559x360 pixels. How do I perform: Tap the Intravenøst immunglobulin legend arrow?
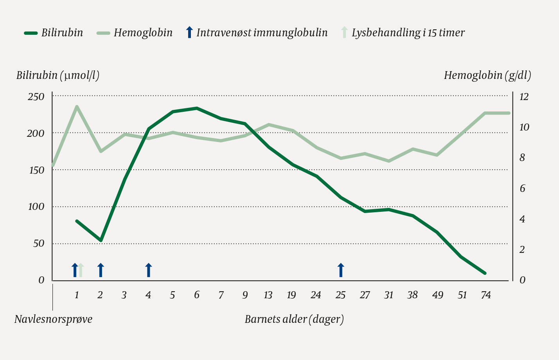click(189, 32)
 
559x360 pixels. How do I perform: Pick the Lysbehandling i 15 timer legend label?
click(408, 33)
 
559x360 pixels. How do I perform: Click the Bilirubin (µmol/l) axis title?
click(58, 75)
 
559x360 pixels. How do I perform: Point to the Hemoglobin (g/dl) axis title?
click(487, 75)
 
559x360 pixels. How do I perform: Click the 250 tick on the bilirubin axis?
click(36, 97)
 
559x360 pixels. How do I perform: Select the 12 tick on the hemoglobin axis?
click(524, 97)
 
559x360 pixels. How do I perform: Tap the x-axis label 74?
click(485, 295)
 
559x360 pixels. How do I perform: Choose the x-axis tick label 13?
click(268, 295)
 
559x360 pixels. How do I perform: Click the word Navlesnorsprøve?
click(54, 319)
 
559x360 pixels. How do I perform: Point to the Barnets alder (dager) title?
click(294, 319)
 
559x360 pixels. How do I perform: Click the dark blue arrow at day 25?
click(341, 270)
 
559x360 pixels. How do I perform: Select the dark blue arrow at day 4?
click(148, 270)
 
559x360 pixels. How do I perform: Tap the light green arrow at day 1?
click(81, 270)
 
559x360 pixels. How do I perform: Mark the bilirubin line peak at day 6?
click(197, 108)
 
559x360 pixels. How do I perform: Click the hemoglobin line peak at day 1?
click(77, 106)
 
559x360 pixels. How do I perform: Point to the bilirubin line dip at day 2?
click(101, 240)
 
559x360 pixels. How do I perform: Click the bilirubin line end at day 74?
click(485, 273)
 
